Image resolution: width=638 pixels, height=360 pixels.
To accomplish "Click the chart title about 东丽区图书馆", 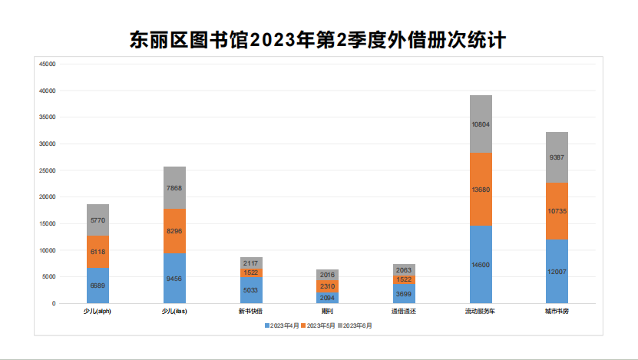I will [x=319, y=40].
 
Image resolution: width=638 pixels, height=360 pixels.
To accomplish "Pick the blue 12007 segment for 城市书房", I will [x=557, y=271].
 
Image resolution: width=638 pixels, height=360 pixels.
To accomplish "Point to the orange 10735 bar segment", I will [x=557, y=210].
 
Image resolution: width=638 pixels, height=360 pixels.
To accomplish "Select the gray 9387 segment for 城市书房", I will [x=557, y=157].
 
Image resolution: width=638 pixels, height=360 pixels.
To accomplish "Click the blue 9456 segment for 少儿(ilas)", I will [x=174, y=278].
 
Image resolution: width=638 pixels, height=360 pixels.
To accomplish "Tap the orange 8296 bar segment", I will [x=174, y=230].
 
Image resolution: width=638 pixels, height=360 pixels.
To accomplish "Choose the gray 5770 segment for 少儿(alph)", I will [x=98, y=220].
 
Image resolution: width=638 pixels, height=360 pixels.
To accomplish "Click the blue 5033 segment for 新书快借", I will [x=251, y=290].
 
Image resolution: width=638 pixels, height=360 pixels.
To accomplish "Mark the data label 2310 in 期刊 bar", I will [x=327, y=286].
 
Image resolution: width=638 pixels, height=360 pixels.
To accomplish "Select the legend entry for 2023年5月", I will [x=320, y=325].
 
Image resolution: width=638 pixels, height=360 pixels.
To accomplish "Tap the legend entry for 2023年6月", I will [x=356, y=325].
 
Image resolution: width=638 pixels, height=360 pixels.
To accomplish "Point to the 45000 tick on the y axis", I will [x=47, y=64].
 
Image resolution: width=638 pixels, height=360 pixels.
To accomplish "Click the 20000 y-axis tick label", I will [x=47, y=197].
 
